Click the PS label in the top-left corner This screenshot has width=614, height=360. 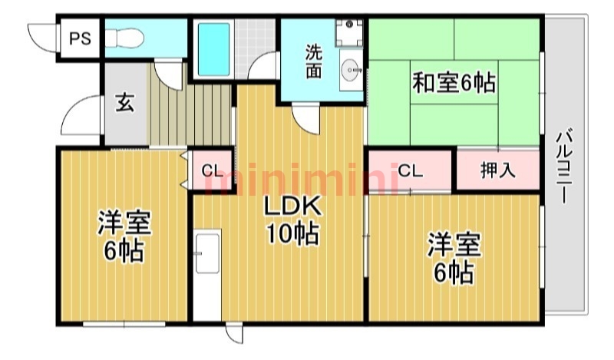coord(79,38)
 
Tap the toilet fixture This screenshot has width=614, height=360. coord(123,38)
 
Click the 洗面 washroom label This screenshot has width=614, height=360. coord(313,61)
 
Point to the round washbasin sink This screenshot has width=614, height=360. coord(352,68)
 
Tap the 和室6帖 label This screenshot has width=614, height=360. coord(454,81)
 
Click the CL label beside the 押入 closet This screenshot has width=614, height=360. coord(410,171)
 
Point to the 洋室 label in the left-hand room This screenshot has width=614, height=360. coord(124,223)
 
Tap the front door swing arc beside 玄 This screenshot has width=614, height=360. coord(80,119)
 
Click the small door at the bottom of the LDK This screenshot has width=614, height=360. coord(233,335)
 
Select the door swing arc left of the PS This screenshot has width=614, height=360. coord(42,35)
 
